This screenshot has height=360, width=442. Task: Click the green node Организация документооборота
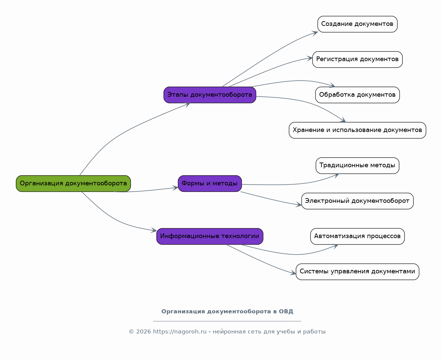pyautogui.click(x=73, y=184)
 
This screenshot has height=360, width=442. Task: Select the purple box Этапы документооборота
pyautogui.click(x=210, y=95)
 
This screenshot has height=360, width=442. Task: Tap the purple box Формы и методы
pyautogui.click(x=210, y=184)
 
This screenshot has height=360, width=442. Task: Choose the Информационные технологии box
pyautogui.click(x=210, y=236)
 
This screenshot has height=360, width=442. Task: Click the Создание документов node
pyautogui.click(x=357, y=24)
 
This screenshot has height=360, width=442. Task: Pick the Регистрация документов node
pyautogui.click(x=357, y=59)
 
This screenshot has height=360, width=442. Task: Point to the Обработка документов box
pyautogui.click(x=357, y=95)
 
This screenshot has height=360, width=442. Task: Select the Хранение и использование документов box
pyautogui.click(x=357, y=130)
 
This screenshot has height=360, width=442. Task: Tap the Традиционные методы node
pyautogui.click(x=357, y=166)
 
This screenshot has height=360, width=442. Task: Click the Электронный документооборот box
pyautogui.click(x=357, y=201)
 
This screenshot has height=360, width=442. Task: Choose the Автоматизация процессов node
pyautogui.click(x=357, y=236)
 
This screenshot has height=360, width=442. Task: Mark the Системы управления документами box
pyautogui.click(x=357, y=272)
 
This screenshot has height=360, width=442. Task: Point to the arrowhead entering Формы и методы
pyautogui.click(x=176, y=188)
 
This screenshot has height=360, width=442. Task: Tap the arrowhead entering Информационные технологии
pyautogui.click(x=154, y=230)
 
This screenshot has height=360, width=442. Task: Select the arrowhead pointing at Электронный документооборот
pyautogui.click(x=299, y=205)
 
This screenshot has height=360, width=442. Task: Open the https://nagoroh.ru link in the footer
pyautogui.click(x=180, y=332)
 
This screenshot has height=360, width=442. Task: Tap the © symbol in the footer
pyautogui.click(x=131, y=332)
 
